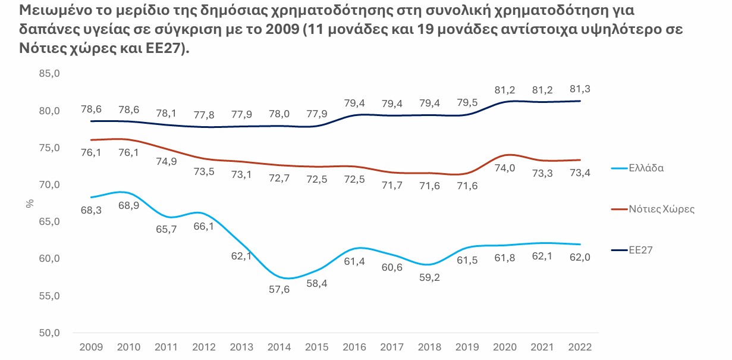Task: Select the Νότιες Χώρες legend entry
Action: [661, 209]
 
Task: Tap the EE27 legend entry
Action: [642, 250]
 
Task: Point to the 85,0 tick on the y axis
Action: [49, 74]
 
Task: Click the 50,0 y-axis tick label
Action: [49, 333]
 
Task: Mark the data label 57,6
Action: [278, 289]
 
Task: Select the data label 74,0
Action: [504, 168]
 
